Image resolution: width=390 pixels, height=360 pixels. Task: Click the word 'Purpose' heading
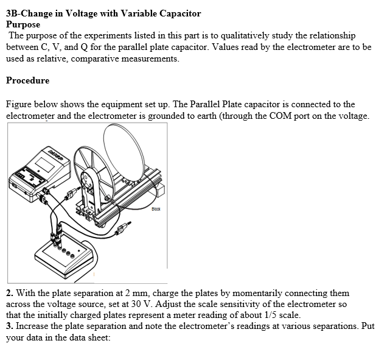point(23,25)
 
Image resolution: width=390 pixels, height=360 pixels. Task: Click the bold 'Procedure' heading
point(27,80)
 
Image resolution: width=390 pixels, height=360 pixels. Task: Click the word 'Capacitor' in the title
point(177,13)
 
